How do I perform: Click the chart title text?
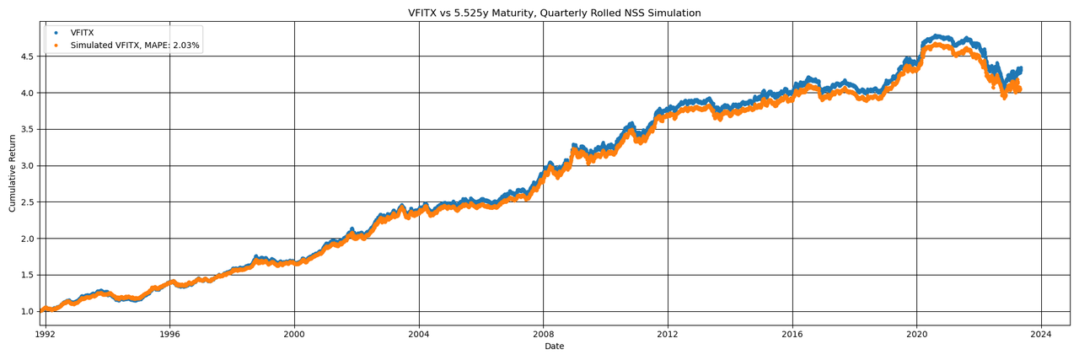[x=554, y=13]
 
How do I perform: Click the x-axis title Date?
[x=554, y=347]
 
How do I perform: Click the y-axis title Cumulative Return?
[x=13, y=173]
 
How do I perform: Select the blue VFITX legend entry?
[x=83, y=33]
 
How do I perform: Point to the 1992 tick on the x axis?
[x=46, y=334]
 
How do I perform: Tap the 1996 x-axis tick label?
[x=169, y=334]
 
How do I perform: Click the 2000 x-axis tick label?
[x=294, y=334]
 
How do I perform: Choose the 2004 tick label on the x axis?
[x=419, y=334]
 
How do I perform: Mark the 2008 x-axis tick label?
[x=543, y=334]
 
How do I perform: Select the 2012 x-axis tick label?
[x=668, y=334]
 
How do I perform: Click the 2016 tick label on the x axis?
[x=792, y=334]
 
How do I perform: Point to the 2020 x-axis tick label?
[x=916, y=334]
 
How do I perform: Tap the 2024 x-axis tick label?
[x=1041, y=334]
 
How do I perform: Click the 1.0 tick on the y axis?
[x=28, y=311]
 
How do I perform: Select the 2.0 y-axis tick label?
[x=28, y=239]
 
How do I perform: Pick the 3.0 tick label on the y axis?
[x=28, y=165]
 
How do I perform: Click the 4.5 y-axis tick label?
[x=28, y=56]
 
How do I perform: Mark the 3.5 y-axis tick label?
[x=28, y=129]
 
